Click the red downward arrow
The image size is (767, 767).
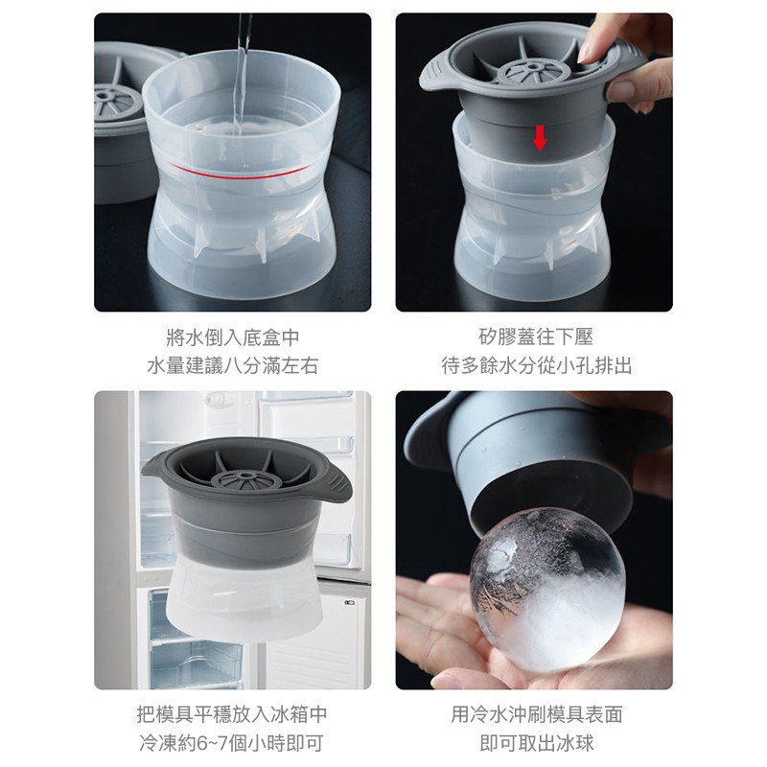click(x=540, y=137)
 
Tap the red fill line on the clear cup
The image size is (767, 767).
click(x=240, y=174)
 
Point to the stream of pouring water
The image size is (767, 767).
click(x=242, y=74)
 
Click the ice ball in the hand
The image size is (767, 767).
click(x=547, y=590)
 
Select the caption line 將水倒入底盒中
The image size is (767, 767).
click(x=232, y=337)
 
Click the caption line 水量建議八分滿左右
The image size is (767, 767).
click(x=232, y=366)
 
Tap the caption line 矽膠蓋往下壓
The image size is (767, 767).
click(x=536, y=337)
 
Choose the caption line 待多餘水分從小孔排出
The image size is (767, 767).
click(x=536, y=366)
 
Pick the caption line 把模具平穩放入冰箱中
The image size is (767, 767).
click(x=232, y=714)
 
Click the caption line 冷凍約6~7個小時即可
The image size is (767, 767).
click(x=232, y=743)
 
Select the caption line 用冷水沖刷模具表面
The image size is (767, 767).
click(x=536, y=714)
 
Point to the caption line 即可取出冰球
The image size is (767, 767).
click(x=536, y=743)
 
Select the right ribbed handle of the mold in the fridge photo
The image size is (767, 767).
click(x=336, y=483)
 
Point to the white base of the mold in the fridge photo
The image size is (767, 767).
click(x=244, y=599)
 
